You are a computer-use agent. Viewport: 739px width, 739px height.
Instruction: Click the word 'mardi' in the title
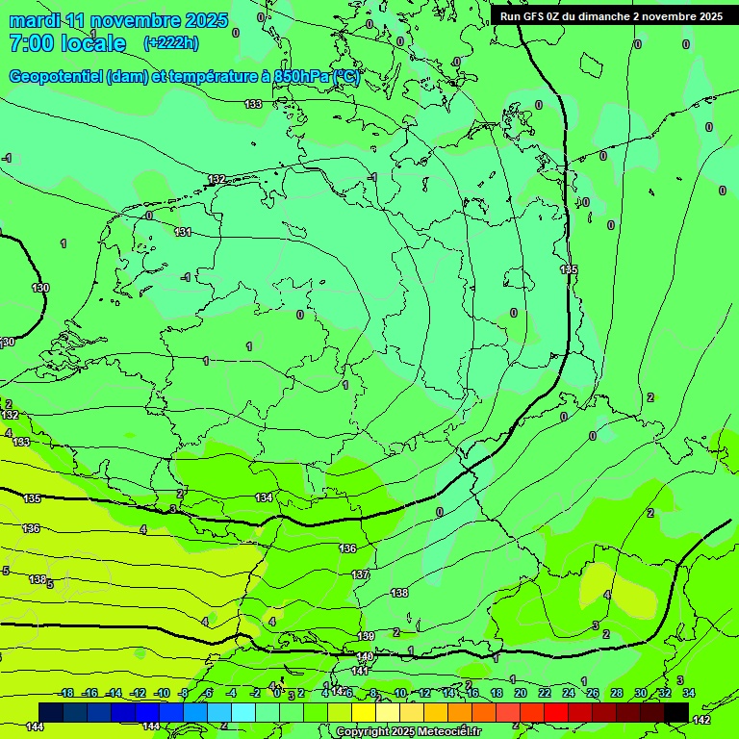click(33, 20)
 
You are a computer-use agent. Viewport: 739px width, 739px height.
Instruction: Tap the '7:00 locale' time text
click(67, 43)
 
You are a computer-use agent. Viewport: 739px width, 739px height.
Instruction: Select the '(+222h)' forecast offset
click(170, 42)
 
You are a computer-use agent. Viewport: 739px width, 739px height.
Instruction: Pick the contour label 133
click(253, 104)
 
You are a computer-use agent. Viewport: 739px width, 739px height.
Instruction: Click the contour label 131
click(183, 232)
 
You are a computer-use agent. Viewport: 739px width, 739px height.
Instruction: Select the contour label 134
click(264, 497)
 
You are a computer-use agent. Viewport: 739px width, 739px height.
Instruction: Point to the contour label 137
click(360, 574)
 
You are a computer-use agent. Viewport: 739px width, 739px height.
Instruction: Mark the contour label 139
click(366, 636)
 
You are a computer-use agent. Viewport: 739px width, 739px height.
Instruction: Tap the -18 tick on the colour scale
click(66, 693)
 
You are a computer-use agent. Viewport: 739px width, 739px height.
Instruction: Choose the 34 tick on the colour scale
click(689, 693)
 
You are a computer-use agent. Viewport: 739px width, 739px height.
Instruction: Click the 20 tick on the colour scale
click(520, 693)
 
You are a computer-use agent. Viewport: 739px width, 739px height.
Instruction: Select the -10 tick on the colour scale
click(163, 693)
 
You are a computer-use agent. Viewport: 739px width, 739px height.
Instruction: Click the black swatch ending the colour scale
click(676, 712)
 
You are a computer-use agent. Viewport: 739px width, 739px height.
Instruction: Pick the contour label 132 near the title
click(217, 179)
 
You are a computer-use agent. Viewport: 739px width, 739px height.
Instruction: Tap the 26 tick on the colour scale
click(592, 693)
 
